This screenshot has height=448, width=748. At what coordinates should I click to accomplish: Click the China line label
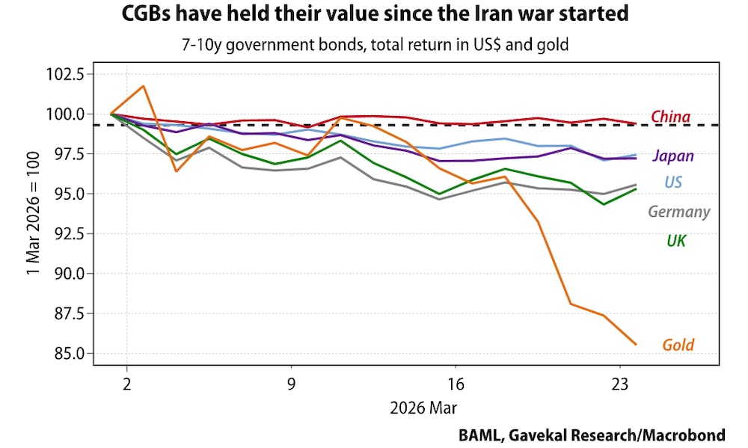[x=670, y=117]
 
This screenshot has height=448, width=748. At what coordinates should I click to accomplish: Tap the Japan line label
[x=672, y=156]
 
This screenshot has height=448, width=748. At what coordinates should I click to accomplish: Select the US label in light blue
[x=672, y=182]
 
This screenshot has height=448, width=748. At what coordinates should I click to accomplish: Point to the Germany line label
[x=678, y=212]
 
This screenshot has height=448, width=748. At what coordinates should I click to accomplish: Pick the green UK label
[x=676, y=241]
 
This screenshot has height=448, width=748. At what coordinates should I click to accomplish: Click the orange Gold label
[x=678, y=346]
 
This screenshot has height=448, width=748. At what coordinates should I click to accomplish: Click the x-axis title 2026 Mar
[x=423, y=409]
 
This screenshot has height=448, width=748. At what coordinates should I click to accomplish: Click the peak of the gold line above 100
[x=143, y=86]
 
